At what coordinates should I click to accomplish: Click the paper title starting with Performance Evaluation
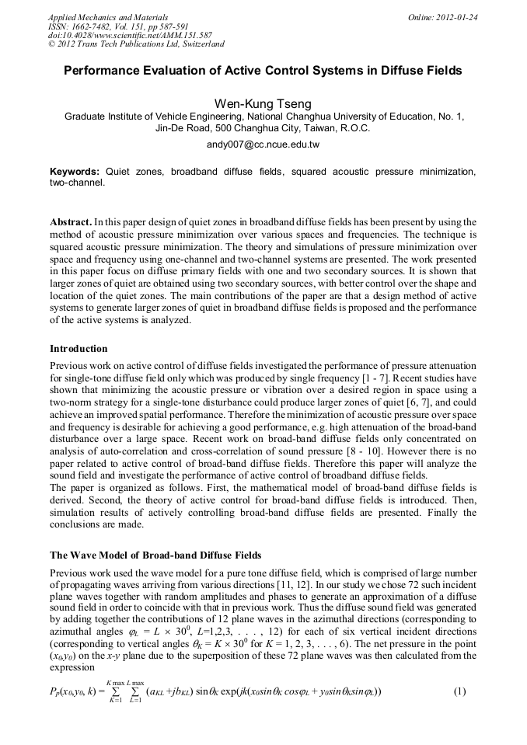[x=263, y=71]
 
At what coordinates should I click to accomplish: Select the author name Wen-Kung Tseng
[x=263, y=103]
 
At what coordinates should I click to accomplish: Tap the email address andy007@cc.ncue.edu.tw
[x=263, y=144]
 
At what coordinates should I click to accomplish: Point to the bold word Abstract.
[x=70, y=221]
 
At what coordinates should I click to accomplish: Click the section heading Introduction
[x=79, y=348]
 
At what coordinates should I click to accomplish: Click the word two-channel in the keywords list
[x=75, y=183]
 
